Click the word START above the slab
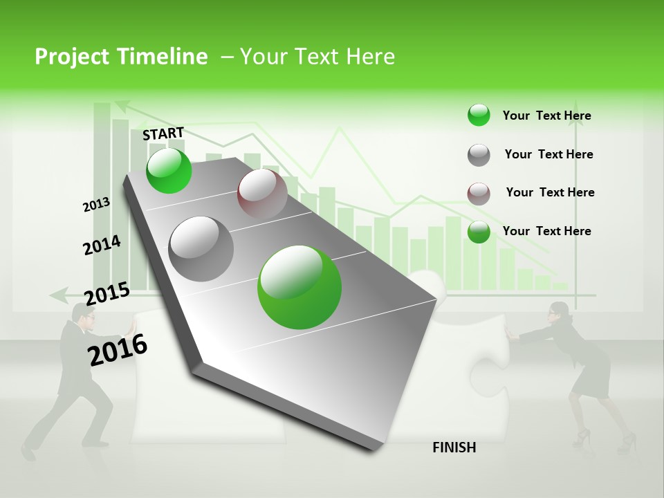click(x=163, y=133)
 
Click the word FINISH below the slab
click(x=454, y=448)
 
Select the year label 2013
click(x=96, y=205)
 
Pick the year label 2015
click(x=107, y=293)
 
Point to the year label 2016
click(x=118, y=349)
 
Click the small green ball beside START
click(x=169, y=171)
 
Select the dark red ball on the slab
click(x=262, y=193)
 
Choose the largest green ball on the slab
click(x=299, y=287)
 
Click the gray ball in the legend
click(x=479, y=155)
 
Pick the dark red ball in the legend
click(x=479, y=194)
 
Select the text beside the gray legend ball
click(x=548, y=154)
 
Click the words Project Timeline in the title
click(x=121, y=57)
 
